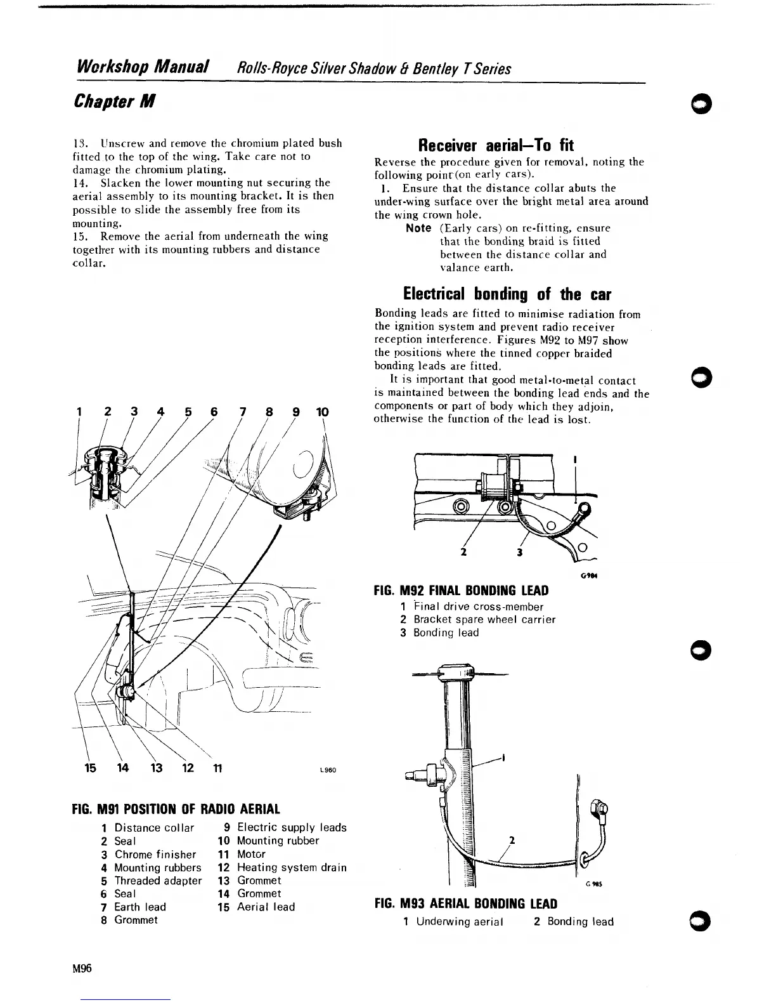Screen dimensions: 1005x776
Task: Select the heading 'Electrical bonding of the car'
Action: [507, 294]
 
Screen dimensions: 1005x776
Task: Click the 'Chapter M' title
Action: [115, 101]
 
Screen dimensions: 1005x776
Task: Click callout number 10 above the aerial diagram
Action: [322, 412]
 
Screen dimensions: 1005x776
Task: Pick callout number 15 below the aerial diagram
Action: [91, 768]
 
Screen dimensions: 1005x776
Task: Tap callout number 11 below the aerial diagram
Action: [216, 768]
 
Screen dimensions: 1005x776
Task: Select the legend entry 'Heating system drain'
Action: [292, 867]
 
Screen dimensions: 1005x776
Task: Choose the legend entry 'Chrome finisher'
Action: [155, 855]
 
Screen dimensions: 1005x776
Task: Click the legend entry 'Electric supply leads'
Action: [292, 827]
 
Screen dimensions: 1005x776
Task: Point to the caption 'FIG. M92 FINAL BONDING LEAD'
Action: [461, 591]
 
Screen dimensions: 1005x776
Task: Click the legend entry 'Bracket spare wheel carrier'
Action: [484, 619]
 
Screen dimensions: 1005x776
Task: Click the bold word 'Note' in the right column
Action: [418, 228]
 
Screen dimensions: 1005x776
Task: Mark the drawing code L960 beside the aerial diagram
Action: [327, 770]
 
